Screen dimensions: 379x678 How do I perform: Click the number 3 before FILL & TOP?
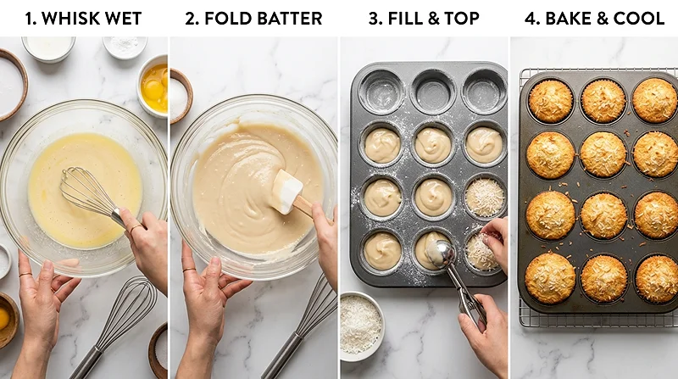(374, 18)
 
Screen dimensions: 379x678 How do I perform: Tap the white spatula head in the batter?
(286, 190)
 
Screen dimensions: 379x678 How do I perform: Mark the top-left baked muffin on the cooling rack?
(550, 101)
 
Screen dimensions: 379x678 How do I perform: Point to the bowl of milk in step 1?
(48, 47)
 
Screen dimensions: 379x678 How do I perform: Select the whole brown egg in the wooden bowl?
(4, 319)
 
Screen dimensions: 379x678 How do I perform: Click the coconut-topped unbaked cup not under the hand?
(485, 197)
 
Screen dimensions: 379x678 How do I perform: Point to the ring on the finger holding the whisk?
(136, 229)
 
